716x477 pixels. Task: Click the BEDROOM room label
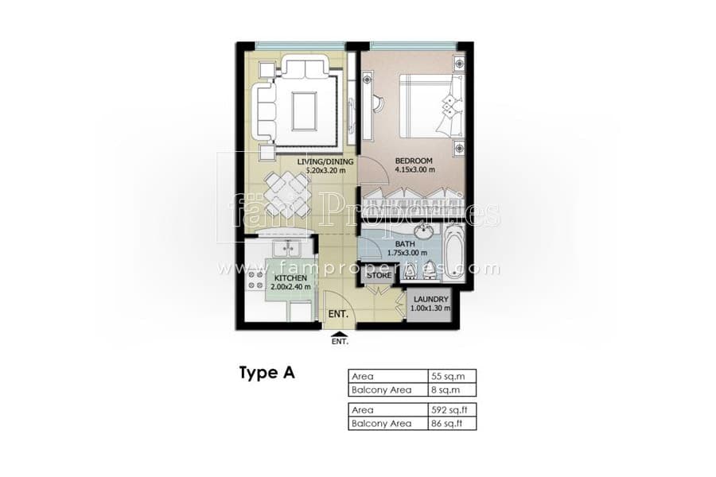(x=413, y=161)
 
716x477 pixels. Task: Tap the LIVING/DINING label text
(x=325, y=161)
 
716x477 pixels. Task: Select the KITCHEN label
(x=290, y=278)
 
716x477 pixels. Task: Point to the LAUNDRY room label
(x=430, y=300)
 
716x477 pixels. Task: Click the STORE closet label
(x=379, y=275)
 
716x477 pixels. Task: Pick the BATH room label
(x=405, y=244)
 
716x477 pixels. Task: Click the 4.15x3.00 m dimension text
(x=414, y=170)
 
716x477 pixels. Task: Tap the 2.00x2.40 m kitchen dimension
(x=290, y=287)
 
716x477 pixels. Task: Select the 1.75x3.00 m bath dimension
(x=407, y=253)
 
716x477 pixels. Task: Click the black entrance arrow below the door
(x=339, y=335)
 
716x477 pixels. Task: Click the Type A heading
(x=267, y=373)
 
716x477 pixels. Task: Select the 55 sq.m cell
(x=448, y=376)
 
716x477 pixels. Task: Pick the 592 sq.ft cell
(x=449, y=410)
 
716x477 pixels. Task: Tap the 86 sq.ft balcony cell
(x=446, y=424)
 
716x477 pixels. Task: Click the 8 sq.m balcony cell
(x=446, y=390)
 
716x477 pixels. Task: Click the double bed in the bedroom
(x=431, y=106)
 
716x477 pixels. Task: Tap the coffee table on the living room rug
(x=304, y=111)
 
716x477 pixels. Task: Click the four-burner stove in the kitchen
(x=255, y=280)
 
